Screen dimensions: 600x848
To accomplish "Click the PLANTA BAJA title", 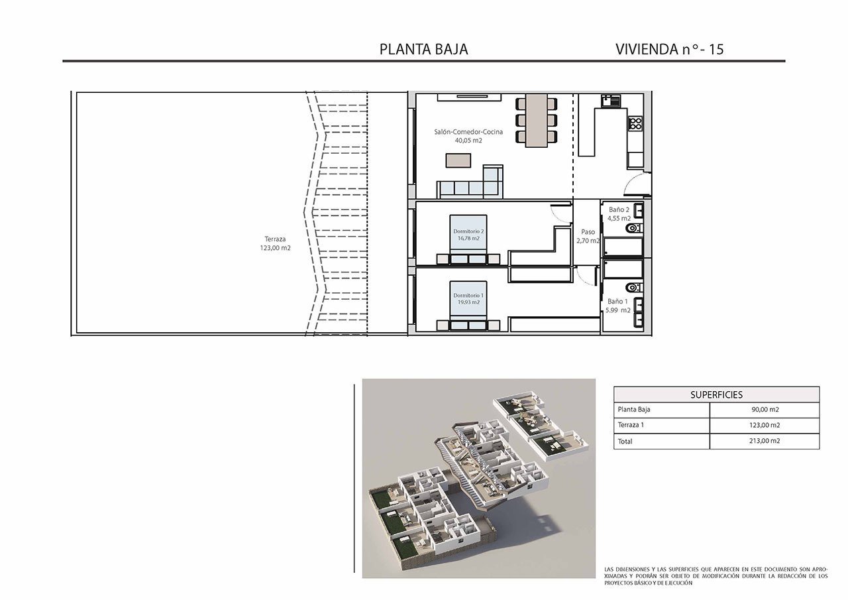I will pyautogui.click(x=423, y=49).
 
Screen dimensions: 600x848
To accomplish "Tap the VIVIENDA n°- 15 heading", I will pyautogui.click(x=669, y=49).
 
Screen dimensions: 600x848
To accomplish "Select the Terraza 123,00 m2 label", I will pyautogui.click(x=276, y=243).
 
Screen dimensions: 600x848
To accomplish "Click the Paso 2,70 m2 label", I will pyautogui.click(x=587, y=237).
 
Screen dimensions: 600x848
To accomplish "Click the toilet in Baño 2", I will pyautogui.click(x=633, y=229).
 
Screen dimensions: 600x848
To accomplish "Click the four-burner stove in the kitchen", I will pyautogui.click(x=635, y=123).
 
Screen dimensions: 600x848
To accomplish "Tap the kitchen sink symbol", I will pyautogui.click(x=610, y=101).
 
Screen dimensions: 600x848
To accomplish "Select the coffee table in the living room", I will pyautogui.click(x=458, y=160).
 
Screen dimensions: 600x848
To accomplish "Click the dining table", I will pyautogui.click(x=536, y=120).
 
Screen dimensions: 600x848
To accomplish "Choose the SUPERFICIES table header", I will pyautogui.click(x=716, y=394).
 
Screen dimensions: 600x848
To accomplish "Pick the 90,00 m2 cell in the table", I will pyautogui.click(x=764, y=410).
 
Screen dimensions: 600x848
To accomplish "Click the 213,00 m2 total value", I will pyautogui.click(x=764, y=441).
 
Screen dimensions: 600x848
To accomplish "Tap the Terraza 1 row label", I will pyautogui.click(x=631, y=426).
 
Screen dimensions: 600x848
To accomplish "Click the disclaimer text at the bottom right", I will pyautogui.click(x=715, y=576).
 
